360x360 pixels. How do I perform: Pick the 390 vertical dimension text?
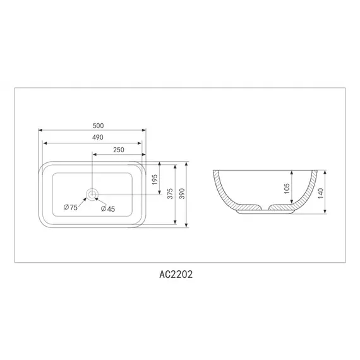coord(183,195)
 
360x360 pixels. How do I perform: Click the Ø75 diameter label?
coord(70,208)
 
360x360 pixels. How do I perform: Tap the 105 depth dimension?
coord(286,188)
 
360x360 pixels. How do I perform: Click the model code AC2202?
coord(179,276)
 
